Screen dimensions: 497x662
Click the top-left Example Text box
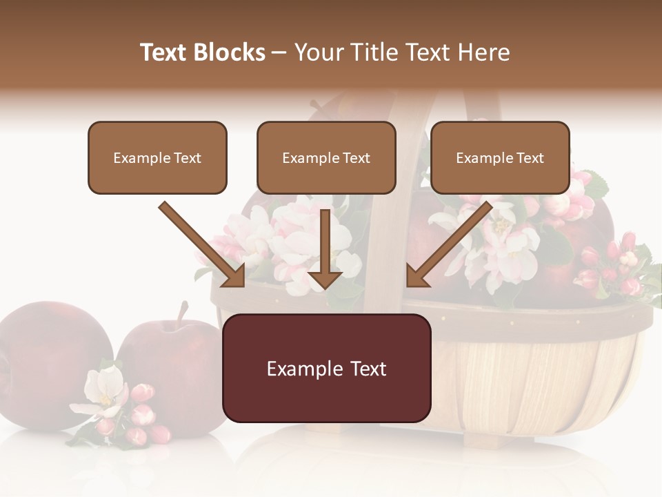(157, 157)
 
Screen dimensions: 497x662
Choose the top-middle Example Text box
(326, 157)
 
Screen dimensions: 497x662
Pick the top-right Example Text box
(500, 157)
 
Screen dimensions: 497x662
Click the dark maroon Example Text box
(326, 368)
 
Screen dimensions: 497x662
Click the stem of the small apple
(182, 314)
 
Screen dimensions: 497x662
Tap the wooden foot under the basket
(483, 439)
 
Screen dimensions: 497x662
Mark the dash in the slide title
(279, 53)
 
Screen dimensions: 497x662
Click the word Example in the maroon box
(299, 369)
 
